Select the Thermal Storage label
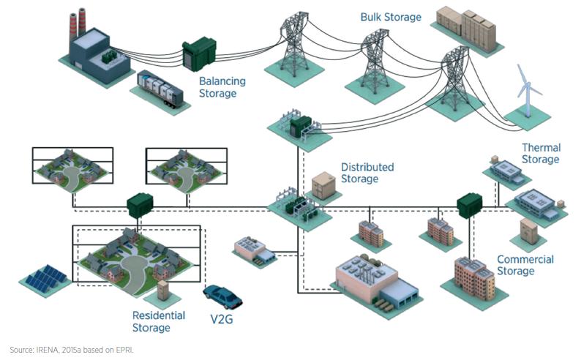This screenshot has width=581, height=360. (540, 154)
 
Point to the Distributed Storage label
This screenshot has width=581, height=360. (367, 173)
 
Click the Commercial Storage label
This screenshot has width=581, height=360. (525, 265)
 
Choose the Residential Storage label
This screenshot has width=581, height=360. (159, 321)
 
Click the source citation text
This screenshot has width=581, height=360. (72, 350)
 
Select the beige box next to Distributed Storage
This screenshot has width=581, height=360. (322, 186)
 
